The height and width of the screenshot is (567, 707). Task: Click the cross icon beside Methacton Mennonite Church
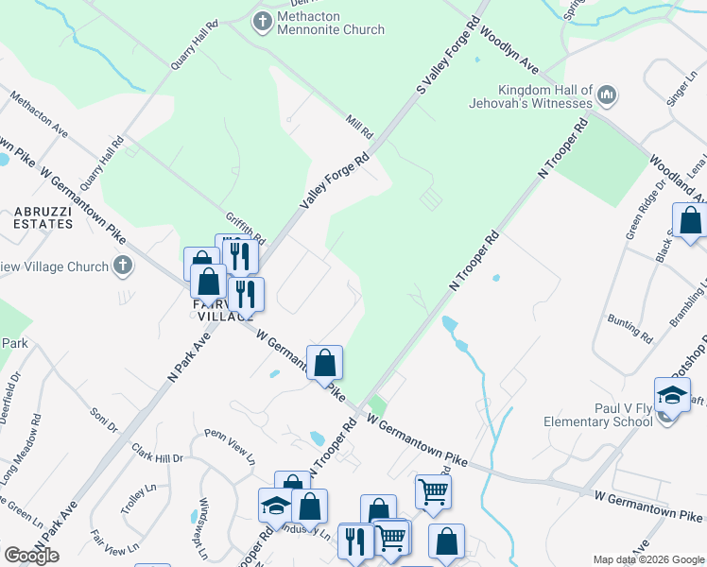pyautogui.click(x=262, y=20)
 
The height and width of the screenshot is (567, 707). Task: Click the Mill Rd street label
pyautogui.click(x=359, y=122)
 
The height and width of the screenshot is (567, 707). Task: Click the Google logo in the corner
pyautogui.click(x=31, y=556)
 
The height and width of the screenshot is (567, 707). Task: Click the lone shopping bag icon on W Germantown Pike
pyautogui.click(x=324, y=362)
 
